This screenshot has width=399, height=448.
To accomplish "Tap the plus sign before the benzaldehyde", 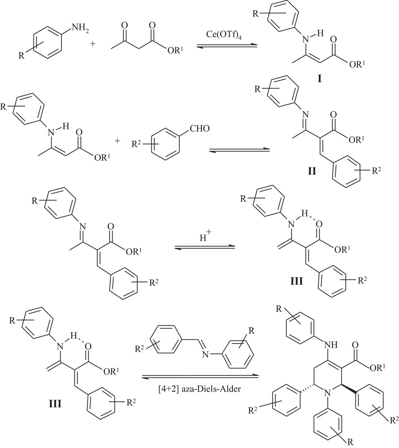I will pos(118,142).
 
